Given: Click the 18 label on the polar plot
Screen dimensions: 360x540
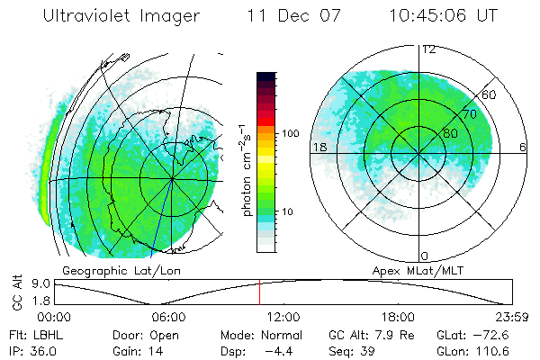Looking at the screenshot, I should [319, 147].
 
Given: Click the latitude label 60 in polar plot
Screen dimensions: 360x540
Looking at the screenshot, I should [490, 94].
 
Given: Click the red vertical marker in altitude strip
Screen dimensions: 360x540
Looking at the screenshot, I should [259, 292].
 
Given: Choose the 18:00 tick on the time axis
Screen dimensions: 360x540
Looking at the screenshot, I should [398, 317].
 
